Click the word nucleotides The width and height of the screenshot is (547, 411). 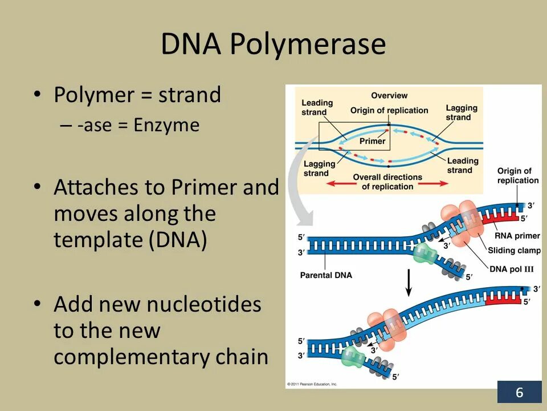204,304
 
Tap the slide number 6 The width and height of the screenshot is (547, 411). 519,393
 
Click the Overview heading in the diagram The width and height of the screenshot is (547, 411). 389,95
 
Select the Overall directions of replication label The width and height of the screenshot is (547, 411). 387,182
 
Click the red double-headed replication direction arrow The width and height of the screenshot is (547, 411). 387,184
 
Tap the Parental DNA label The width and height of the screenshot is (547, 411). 326,275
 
